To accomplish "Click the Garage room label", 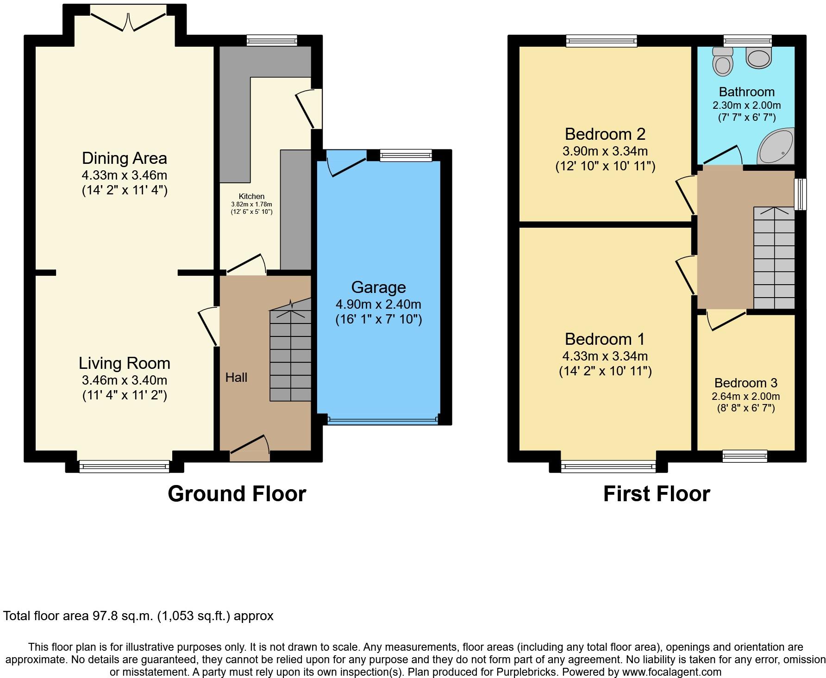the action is tap(378, 287).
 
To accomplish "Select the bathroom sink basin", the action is tap(759, 56).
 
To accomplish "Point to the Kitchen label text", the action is tap(251, 197).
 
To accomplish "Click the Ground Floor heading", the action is tap(237, 494).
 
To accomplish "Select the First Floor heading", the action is tap(657, 494).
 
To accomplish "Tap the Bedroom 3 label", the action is tap(745, 383).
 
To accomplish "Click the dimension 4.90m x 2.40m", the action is tap(378, 305).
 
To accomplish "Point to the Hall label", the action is tap(236, 378).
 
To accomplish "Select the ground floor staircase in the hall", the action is tap(290, 350).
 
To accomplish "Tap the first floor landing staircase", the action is tap(774, 258).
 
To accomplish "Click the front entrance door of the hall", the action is tap(250, 446).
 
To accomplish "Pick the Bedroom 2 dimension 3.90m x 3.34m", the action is tap(605, 151).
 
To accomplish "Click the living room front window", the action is tap(124, 466).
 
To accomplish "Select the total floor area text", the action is tap(138, 616).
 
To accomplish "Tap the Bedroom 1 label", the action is tap(605, 339).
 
